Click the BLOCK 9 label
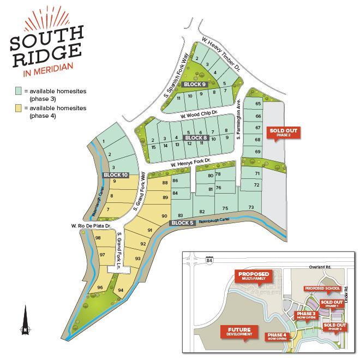(195, 85)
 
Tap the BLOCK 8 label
(196, 138)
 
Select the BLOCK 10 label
(115, 175)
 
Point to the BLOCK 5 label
(183, 223)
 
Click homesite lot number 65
(258, 104)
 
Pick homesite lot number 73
(251, 207)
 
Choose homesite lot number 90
(164, 216)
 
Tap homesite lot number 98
(98, 238)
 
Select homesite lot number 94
(121, 290)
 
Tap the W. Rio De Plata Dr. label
(91, 226)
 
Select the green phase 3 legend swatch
(19, 91)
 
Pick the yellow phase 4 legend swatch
(19, 109)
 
